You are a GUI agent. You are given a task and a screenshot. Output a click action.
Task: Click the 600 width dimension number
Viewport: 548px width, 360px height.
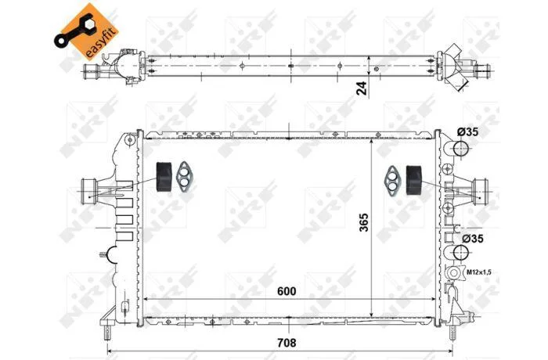pos(287,291)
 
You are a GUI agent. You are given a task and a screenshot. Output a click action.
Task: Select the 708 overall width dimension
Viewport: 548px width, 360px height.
pos(287,343)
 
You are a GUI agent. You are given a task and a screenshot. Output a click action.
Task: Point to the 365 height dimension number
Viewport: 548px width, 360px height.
pos(364,222)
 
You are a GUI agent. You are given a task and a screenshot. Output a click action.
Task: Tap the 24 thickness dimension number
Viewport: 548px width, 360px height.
pos(362,88)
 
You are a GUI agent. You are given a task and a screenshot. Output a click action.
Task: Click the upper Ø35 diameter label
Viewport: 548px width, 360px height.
pos(467,131)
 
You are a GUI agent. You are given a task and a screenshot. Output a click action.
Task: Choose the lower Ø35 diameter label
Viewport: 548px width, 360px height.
pos(473,239)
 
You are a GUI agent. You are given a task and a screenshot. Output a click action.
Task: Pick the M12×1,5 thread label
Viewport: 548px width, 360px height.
pos(479,272)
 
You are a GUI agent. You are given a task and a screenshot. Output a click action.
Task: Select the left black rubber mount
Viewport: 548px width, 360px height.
pos(163,177)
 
